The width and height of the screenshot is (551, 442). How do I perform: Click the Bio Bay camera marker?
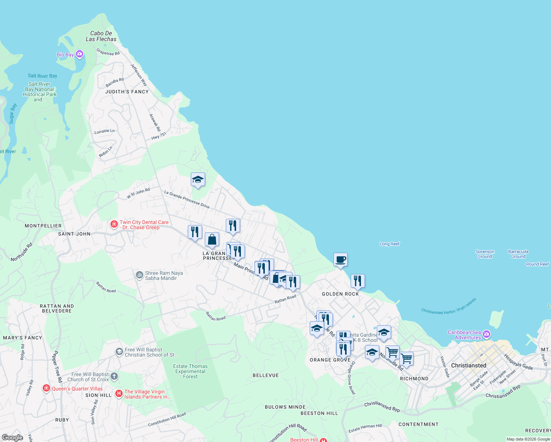click(x=80, y=55)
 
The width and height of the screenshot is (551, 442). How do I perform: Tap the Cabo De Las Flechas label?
click(x=101, y=36)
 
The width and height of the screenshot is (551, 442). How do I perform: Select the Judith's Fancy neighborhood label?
click(x=127, y=92)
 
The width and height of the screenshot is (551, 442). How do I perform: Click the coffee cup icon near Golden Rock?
click(x=340, y=259)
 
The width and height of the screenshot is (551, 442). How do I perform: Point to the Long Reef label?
click(x=389, y=244)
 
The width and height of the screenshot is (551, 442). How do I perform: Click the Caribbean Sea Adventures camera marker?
click(x=487, y=334)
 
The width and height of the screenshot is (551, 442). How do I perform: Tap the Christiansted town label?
click(x=468, y=365)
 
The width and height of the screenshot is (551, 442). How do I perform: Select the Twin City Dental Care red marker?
click(x=114, y=224)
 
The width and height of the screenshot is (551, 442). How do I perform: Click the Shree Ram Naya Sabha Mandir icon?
click(x=140, y=275)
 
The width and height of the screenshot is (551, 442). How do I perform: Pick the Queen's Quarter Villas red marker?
click(x=46, y=388)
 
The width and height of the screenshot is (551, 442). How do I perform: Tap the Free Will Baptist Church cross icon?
click(x=115, y=376)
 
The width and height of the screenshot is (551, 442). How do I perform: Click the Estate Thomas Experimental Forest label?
click(x=190, y=371)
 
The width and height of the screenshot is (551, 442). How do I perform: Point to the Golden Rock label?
click(x=340, y=294)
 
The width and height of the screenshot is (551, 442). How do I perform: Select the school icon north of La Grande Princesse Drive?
click(x=198, y=180)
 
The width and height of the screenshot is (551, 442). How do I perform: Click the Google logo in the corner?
click(x=12, y=438)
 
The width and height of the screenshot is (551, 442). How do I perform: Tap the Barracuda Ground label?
click(x=518, y=254)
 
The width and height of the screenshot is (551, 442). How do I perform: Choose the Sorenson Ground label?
click(x=485, y=254)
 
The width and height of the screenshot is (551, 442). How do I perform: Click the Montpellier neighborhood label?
click(x=43, y=226)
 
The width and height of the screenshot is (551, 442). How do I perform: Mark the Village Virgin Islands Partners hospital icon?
click(x=119, y=394)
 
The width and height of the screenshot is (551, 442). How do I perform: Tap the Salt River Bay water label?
click(x=42, y=76)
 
